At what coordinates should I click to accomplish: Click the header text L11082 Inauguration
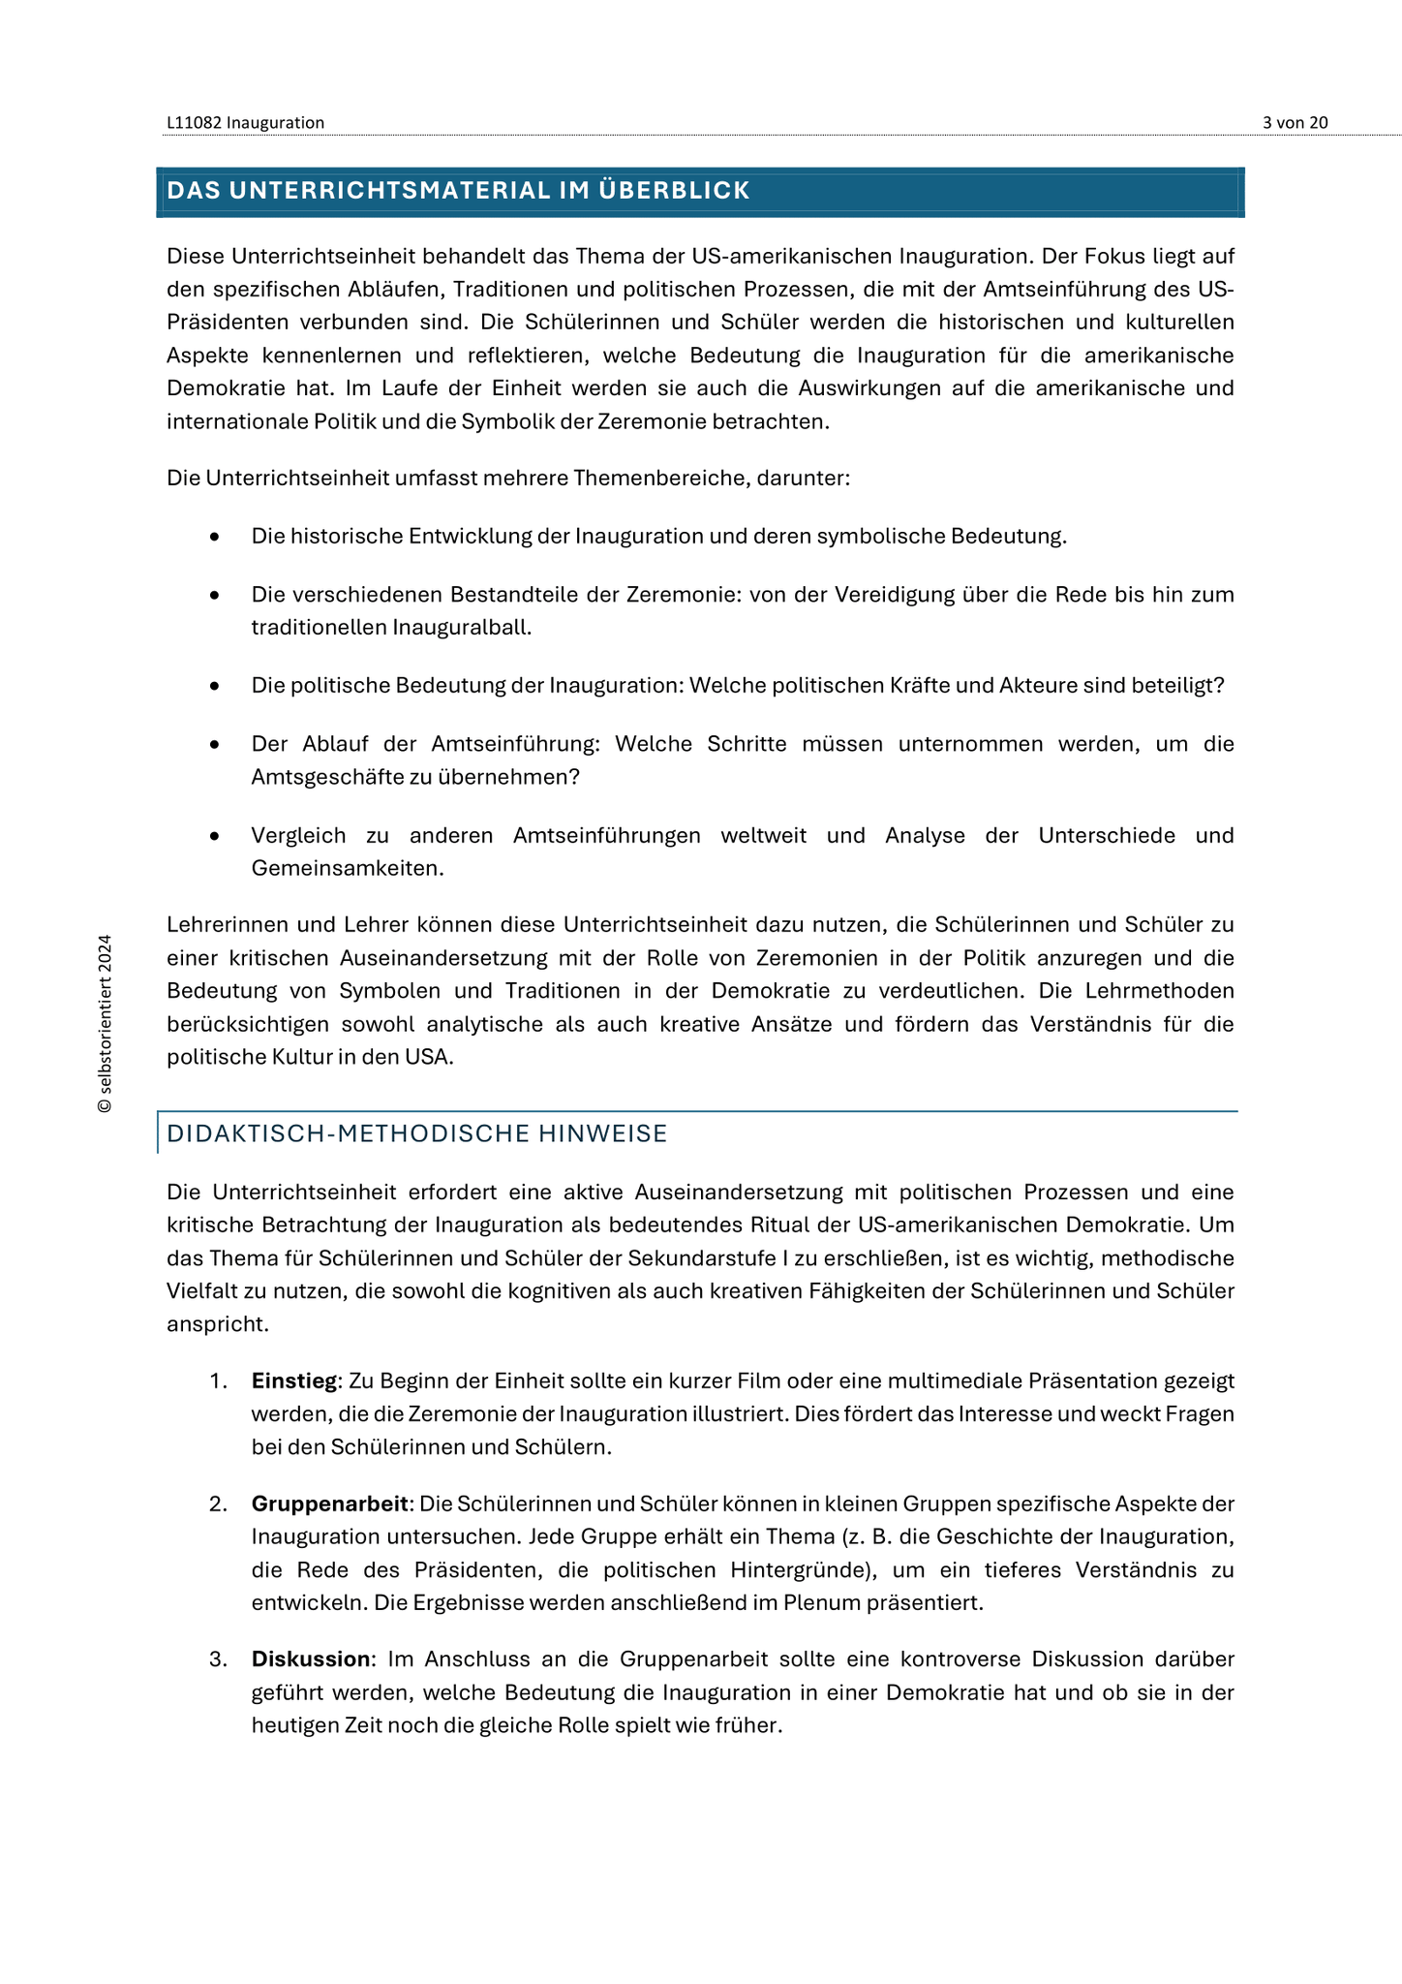[x=245, y=122]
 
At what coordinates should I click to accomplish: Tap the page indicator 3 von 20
[x=1295, y=122]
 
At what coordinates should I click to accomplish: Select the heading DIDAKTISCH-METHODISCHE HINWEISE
[x=417, y=1133]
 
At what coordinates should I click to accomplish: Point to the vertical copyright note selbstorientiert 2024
[x=105, y=1023]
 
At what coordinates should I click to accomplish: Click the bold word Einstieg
[x=293, y=1380]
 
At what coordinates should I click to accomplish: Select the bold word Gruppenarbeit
[x=329, y=1503]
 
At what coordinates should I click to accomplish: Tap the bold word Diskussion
[x=311, y=1658]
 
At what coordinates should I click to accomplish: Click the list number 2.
[x=218, y=1503]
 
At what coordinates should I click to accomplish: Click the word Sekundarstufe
[x=693, y=1257]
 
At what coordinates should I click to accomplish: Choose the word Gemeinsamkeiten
[x=348, y=868]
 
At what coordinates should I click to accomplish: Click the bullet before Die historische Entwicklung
[x=214, y=537]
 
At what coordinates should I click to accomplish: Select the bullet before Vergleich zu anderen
[x=214, y=835]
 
